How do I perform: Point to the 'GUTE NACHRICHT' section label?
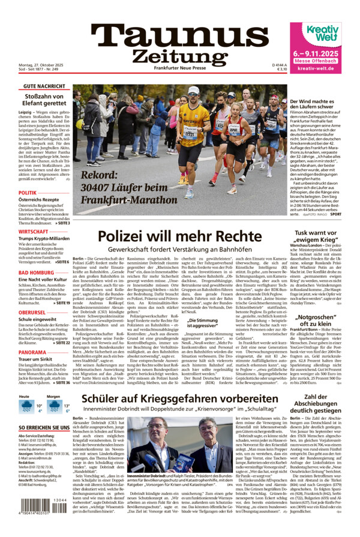pos(45,87)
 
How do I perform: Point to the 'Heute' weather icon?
pos(26,407)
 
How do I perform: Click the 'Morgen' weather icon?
pos(55,407)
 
